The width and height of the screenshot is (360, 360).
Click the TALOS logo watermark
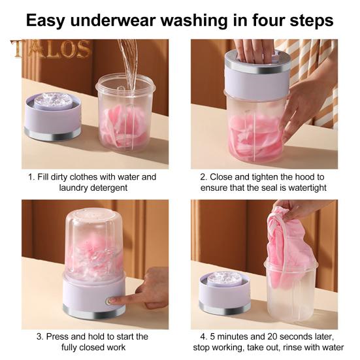(51, 49)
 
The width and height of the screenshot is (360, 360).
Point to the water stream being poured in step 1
(129, 65)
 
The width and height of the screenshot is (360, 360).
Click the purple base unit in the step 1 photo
(53, 116)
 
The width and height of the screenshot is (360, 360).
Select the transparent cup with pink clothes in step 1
(125, 112)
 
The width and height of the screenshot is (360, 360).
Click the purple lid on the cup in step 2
(257, 75)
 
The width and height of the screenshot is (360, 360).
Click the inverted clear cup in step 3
(94, 243)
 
